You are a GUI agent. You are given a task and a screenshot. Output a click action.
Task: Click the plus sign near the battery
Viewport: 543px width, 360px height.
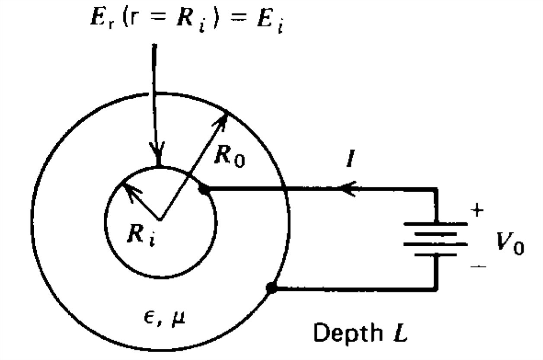pyautogui.click(x=477, y=211)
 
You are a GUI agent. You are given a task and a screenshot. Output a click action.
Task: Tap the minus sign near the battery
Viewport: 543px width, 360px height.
pyautogui.click(x=478, y=267)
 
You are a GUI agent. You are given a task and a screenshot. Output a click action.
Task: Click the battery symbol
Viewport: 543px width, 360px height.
pyautogui.click(x=435, y=239)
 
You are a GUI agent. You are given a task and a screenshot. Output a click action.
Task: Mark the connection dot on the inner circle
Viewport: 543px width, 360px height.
pyautogui.click(x=203, y=189)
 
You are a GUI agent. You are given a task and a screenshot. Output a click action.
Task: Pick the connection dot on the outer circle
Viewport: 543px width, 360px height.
pyautogui.click(x=271, y=288)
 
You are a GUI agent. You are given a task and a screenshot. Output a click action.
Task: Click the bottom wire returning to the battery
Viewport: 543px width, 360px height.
pyautogui.click(x=355, y=289)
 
